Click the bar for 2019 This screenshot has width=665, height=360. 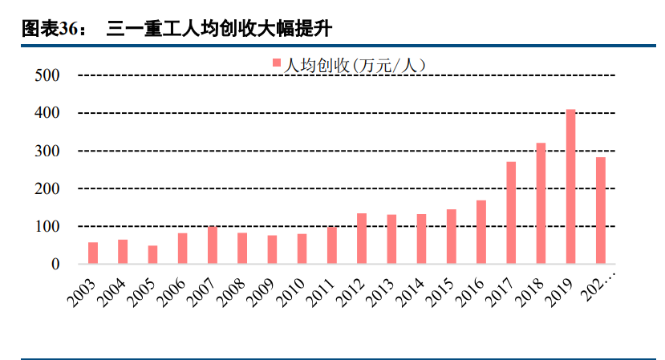[x=571, y=187]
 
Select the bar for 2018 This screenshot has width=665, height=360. [x=541, y=204]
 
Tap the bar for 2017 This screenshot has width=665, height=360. [x=511, y=213]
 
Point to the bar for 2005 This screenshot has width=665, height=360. [x=152, y=255]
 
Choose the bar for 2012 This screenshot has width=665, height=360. [x=362, y=239]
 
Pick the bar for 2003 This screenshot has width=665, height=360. [x=93, y=253]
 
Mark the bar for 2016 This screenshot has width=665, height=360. [x=481, y=233]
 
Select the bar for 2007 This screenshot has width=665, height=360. [x=213, y=245]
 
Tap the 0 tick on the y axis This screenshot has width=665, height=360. [x=55, y=265]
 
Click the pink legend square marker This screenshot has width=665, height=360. [x=277, y=63]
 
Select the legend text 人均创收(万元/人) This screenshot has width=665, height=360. [x=354, y=64]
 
